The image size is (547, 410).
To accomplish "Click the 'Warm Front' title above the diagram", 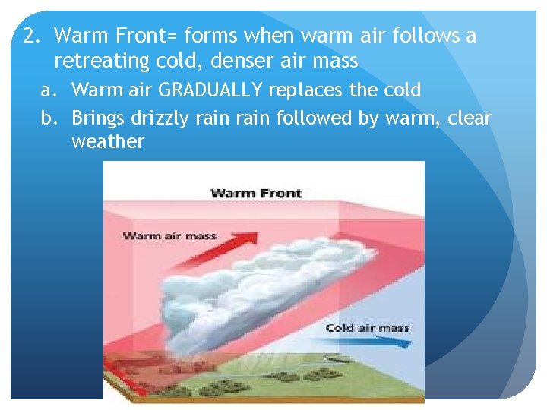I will pyautogui.click(x=255, y=193).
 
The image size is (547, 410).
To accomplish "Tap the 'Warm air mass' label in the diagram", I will pyautogui.click(x=169, y=235).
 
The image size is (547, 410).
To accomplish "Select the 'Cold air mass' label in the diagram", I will pyautogui.click(x=367, y=328).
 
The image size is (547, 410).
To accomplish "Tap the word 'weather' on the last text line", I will pyautogui.click(x=107, y=142).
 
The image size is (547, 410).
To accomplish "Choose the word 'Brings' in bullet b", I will pyautogui.click(x=99, y=118).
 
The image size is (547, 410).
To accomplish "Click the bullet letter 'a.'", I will pyautogui.click(x=49, y=90).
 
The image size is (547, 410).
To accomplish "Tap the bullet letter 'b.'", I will pyautogui.click(x=49, y=118).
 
